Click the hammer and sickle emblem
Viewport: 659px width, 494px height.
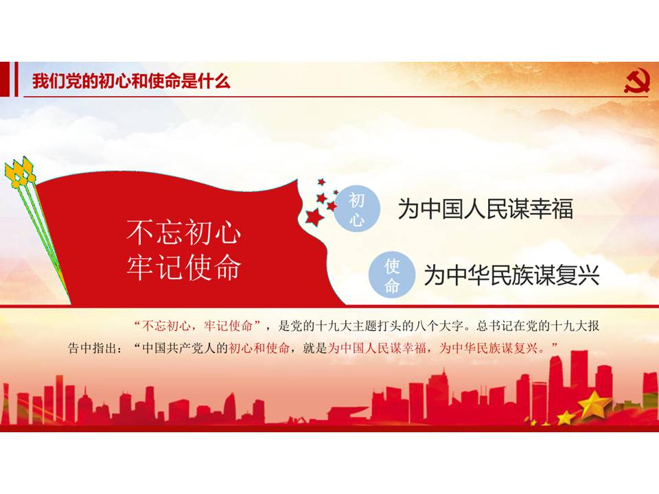(637, 81)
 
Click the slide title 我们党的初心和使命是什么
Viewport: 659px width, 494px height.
(132, 81)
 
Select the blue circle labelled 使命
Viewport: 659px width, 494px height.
(392, 275)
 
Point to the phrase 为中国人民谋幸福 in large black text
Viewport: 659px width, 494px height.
(485, 209)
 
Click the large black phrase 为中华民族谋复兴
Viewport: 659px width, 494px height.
(511, 275)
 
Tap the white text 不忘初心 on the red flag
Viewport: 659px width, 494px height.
(184, 232)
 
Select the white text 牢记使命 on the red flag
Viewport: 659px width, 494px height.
(184, 266)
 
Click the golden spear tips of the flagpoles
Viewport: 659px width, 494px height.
(19, 172)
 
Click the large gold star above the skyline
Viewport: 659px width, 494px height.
(594, 403)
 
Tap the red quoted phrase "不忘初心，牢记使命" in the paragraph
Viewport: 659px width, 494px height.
(197, 325)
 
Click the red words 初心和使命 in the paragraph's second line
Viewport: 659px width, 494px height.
(259, 348)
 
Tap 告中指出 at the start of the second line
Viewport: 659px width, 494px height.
(93, 348)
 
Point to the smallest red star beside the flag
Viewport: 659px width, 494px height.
(336, 192)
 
